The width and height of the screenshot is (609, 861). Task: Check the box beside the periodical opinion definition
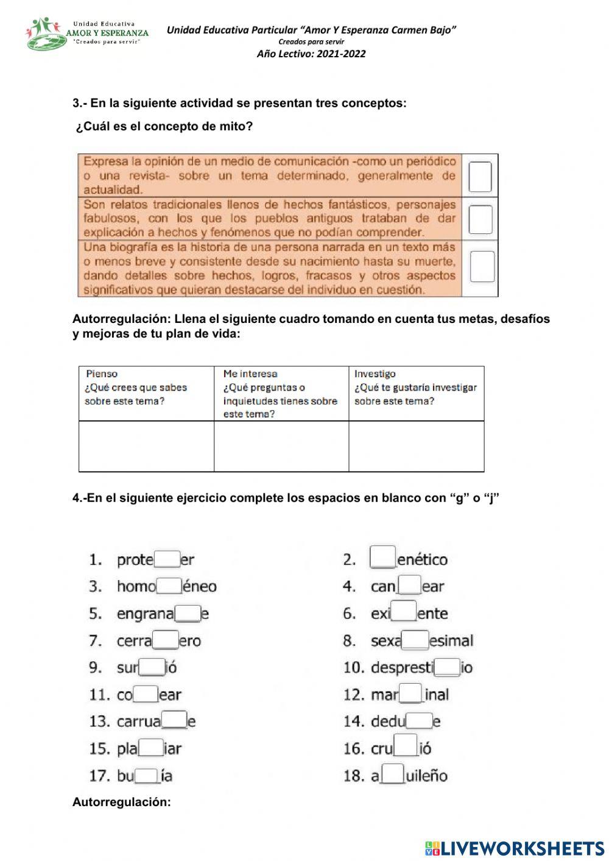tap(480, 177)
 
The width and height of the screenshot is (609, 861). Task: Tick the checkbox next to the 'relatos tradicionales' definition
tap(480, 219)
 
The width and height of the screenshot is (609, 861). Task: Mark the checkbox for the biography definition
tap(482, 266)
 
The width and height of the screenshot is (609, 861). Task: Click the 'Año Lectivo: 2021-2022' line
tap(311, 54)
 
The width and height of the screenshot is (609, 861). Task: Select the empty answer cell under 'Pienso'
tap(146, 446)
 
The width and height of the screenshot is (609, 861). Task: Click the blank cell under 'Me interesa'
tap(281, 446)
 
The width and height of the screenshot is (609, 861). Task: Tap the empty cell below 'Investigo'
tap(416, 446)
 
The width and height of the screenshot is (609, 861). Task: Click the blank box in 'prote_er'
tap(167, 559)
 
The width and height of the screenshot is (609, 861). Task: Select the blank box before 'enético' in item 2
tap(383, 557)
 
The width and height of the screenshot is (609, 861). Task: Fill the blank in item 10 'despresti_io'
tap(447, 667)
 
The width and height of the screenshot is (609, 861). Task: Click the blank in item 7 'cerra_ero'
tap(166, 640)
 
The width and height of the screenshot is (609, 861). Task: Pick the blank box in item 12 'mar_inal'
tap(411, 693)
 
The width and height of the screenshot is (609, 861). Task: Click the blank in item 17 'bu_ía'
tap(147, 776)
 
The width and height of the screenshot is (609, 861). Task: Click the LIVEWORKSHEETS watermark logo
tap(515, 848)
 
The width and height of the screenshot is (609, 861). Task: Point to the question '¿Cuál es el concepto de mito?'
tap(164, 127)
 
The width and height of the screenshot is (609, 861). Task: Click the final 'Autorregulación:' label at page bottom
tap(122, 802)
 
